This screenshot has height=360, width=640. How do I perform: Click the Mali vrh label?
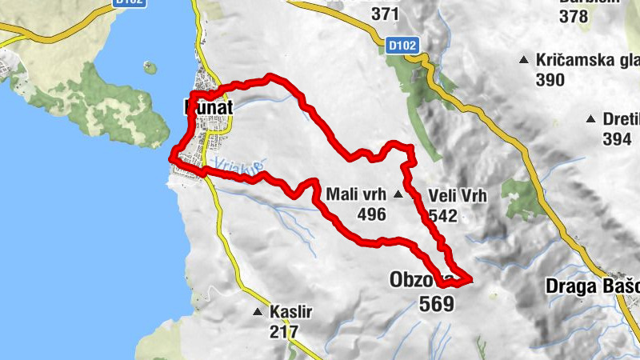click(357, 194)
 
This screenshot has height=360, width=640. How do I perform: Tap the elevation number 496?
click(372, 214)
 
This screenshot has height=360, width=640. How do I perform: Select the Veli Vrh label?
click(458, 194)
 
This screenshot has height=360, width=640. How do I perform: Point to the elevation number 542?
click(442, 215)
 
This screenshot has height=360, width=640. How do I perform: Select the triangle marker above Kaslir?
click(257, 311)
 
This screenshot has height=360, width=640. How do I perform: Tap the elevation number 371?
click(385, 14)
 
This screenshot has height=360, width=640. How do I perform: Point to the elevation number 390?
click(550, 80)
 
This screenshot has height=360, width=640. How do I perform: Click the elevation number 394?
click(618, 139)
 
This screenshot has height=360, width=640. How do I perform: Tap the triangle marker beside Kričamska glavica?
click(523, 59)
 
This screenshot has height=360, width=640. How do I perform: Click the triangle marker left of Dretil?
click(590, 119)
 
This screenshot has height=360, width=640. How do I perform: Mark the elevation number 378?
click(574, 15)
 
